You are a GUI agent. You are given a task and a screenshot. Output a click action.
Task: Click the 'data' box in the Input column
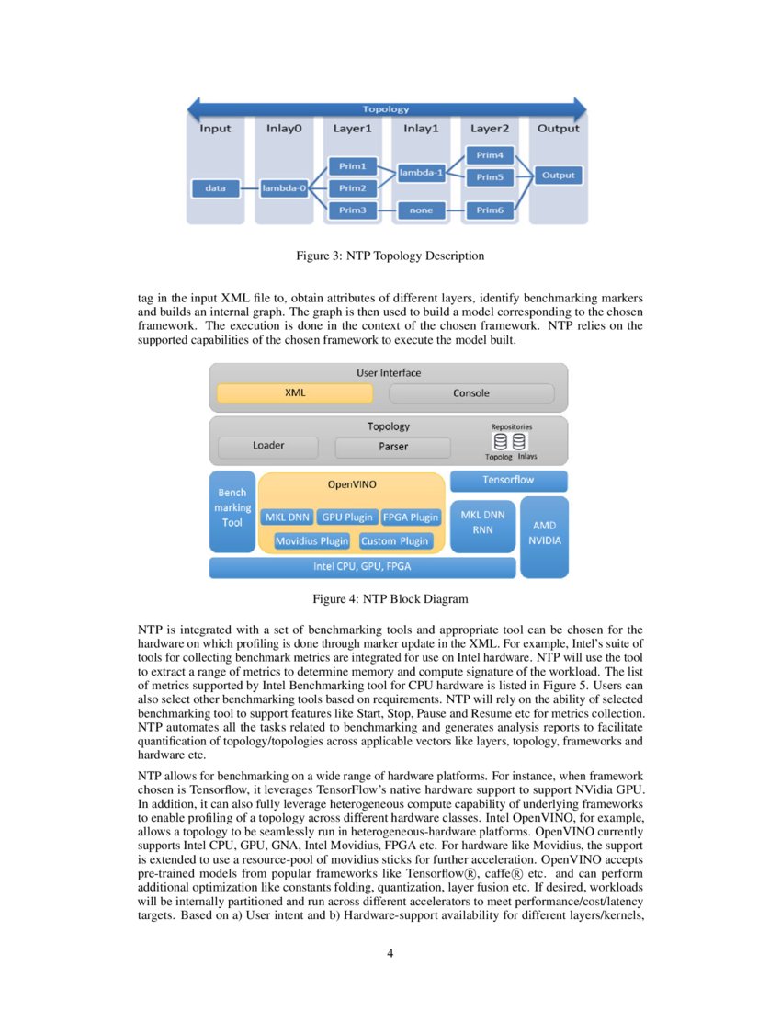(x=215, y=188)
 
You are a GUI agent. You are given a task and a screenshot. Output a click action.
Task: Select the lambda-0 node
(x=283, y=188)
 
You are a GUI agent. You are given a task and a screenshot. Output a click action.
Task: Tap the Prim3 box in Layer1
(x=351, y=210)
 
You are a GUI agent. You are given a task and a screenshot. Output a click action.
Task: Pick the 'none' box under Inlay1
(x=421, y=210)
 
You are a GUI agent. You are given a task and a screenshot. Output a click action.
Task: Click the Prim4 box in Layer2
(x=489, y=155)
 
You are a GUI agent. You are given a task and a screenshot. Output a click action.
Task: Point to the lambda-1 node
(x=421, y=173)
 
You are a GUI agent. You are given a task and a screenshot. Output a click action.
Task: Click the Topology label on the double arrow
(x=386, y=109)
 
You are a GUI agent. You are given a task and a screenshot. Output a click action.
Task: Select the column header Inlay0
(x=284, y=129)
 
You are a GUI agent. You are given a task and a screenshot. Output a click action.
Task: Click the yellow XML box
(x=294, y=393)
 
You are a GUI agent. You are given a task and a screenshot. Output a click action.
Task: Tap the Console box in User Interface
(x=471, y=393)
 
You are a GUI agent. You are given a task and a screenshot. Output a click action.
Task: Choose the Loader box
(x=268, y=447)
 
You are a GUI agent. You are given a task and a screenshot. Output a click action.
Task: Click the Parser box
(x=393, y=448)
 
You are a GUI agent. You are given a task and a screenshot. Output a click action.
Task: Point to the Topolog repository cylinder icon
(x=500, y=442)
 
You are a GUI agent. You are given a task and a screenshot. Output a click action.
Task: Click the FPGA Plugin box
(x=411, y=517)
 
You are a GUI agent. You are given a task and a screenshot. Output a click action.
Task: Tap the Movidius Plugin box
(x=312, y=541)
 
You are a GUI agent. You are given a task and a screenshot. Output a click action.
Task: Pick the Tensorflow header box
(x=508, y=481)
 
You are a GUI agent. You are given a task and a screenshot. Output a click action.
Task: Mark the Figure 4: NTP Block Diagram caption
(x=390, y=599)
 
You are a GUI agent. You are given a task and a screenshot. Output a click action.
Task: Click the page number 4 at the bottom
(x=390, y=953)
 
